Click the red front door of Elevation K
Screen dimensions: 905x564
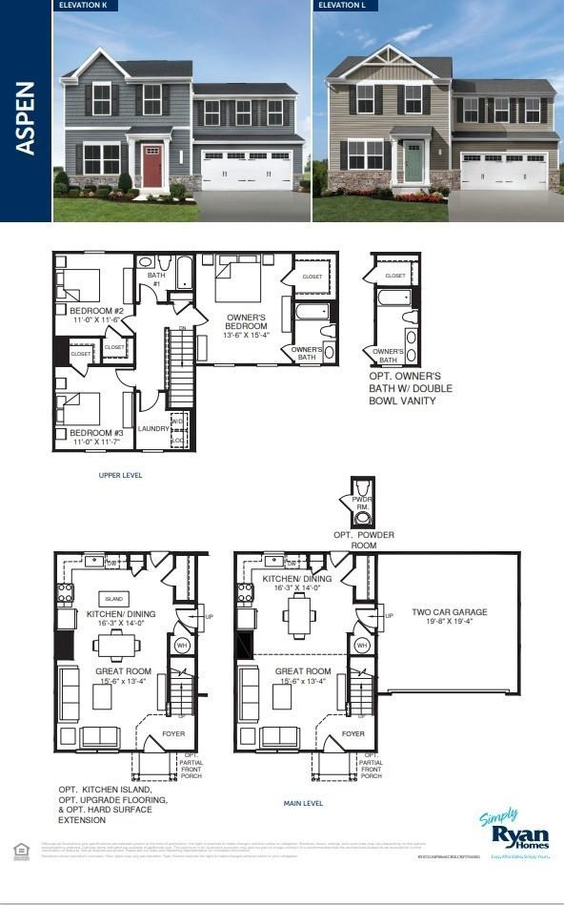pyautogui.click(x=152, y=164)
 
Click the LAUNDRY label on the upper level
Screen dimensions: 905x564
pyautogui.click(x=153, y=428)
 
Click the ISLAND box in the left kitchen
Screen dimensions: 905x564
pyautogui.click(x=113, y=598)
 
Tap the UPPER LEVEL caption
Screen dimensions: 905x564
pyautogui.click(x=120, y=474)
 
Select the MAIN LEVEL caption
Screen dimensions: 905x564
pyautogui.click(x=303, y=803)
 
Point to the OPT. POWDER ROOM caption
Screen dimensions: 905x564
pyautogui.click(x=363, y=540)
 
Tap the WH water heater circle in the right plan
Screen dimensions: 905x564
pyautogui.click(x=361, y=646)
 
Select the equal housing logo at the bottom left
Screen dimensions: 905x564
pyautogui.click(x=20, y=849)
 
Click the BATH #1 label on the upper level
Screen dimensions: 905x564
pyautogui.click(x=155, y=278)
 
